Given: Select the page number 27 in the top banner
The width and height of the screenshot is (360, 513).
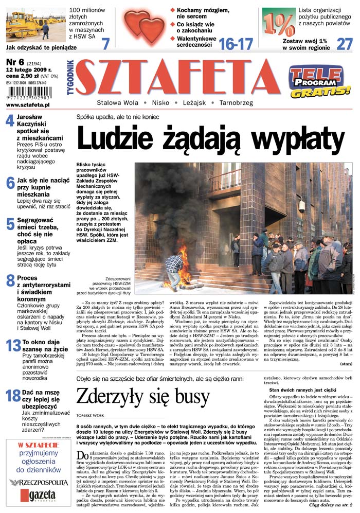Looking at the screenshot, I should click(x=344, y=44).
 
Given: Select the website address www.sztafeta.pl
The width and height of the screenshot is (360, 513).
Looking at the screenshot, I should click(x=28, y=104).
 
